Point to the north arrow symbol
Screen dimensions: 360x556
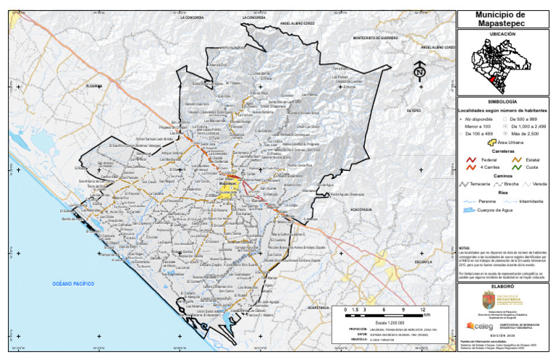419,72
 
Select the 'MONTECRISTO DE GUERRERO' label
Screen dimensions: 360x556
376,37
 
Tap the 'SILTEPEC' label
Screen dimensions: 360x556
414,111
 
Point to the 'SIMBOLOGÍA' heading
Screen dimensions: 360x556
505,102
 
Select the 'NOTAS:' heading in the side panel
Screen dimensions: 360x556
466,247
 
